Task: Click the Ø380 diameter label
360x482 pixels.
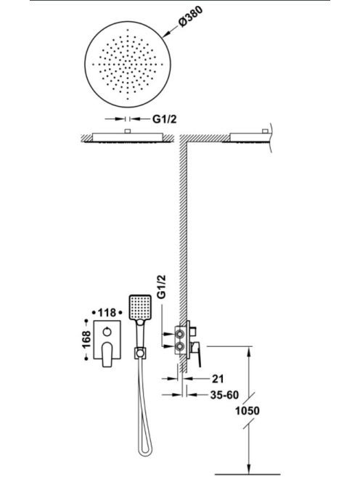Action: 191,17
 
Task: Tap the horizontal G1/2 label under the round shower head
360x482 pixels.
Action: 165,119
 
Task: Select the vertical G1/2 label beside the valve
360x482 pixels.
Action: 161,287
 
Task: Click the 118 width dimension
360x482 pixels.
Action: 107,313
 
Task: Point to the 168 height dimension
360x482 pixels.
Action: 86,340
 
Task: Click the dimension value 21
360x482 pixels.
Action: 218,379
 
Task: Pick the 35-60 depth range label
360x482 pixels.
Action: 224,395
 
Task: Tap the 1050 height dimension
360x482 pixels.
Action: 247,411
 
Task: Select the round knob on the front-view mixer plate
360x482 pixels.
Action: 107,332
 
